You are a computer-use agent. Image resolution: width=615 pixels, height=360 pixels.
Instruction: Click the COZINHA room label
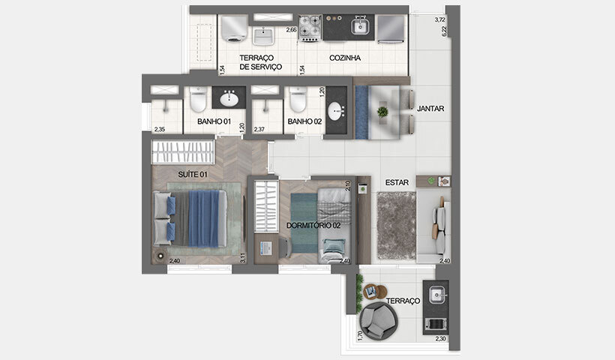345,58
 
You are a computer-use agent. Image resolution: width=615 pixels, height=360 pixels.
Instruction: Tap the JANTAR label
431,109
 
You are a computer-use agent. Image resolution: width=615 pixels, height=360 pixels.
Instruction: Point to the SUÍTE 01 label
192,174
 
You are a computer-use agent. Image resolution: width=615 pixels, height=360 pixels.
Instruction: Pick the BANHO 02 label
304,121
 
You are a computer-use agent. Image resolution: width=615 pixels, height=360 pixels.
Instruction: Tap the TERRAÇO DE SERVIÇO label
260,62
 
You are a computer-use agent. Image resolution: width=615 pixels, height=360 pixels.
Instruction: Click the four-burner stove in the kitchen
310,27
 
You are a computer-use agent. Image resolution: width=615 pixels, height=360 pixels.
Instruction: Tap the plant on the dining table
383,112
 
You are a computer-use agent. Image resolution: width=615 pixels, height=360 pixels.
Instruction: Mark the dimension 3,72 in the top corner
440,20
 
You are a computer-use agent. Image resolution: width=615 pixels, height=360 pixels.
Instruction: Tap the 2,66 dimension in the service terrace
291,31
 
